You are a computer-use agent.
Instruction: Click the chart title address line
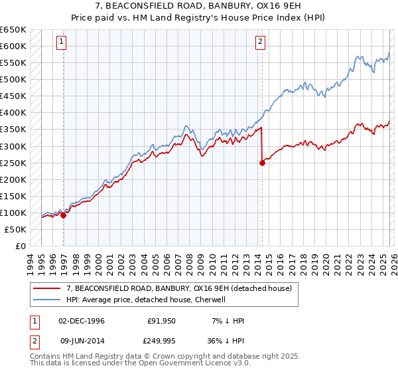coord(199,6)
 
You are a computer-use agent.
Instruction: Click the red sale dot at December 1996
coord(64,215)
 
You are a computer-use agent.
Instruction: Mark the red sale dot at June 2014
coord(262,163)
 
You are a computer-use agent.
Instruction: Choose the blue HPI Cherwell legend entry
coord(146,300)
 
